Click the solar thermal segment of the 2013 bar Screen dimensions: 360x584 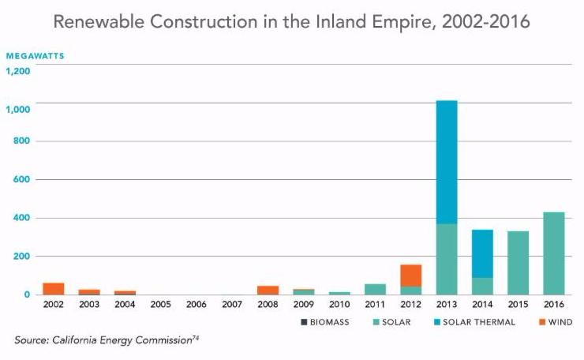(x=446, y=162)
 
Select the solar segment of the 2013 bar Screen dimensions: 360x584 (x=446, y=259)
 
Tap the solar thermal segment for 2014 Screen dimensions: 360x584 (x=481, y=253)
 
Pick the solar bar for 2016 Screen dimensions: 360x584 (x=553, y=253)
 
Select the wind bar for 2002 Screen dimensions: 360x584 (x=54, y=288)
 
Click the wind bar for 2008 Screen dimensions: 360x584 (x=268, y=290)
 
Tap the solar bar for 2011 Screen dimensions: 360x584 (x=375, y=289)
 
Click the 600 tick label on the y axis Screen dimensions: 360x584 (x=22, y=179)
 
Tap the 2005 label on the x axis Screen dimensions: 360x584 (x=161, y=305)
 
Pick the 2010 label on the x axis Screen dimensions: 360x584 (x=339, y=305)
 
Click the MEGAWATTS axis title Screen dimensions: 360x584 (x=35, y=56)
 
